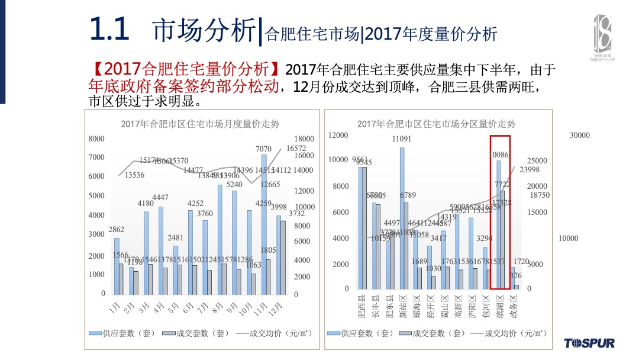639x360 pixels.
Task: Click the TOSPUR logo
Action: coord(589,343)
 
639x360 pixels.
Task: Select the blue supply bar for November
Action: coord(264,225)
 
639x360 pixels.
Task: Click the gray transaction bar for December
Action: coord(283,258)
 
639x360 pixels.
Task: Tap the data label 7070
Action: coord(263,149)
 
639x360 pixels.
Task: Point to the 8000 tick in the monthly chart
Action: coord(96,139)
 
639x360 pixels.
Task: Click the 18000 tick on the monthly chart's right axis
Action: coord(304,139)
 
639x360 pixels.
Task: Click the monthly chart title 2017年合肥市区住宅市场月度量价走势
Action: coord(200,124)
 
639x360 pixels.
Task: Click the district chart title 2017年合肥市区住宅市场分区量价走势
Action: coord(436,124)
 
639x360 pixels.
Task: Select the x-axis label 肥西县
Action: coord(362,307)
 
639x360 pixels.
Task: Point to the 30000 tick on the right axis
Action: coord(580,136)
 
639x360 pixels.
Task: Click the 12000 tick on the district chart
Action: coord(338,136)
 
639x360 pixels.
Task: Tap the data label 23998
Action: coord(530,170)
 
